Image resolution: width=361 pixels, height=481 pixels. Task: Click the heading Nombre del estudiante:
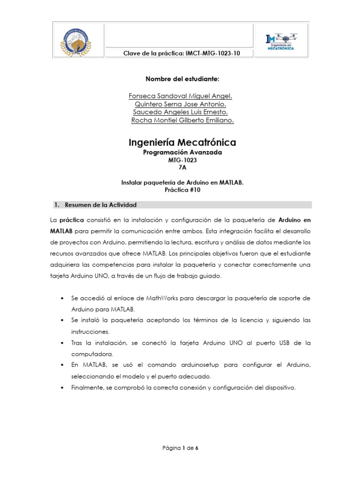click(180, 79)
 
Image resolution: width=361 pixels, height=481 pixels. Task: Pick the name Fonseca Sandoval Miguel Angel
click(180, 96)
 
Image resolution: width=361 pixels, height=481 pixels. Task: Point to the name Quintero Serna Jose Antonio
click(180, 104)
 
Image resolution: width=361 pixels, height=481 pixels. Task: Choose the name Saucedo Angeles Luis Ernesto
click(180, 112)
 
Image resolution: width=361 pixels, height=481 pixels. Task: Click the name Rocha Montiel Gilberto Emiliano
click(182, 121)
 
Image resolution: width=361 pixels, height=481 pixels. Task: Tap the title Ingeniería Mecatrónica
click(182, 142)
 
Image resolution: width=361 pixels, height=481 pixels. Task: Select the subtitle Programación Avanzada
click(182, 153)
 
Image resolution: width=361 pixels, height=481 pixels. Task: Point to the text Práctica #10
click(182, 191)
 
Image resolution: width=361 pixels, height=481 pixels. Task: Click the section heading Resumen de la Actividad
click(100, 205)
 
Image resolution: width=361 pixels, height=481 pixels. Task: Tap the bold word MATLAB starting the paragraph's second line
click(61, 231)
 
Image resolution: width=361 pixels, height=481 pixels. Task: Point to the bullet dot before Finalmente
click(63, 388)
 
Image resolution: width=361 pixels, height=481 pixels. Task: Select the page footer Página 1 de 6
click(180, 448)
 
